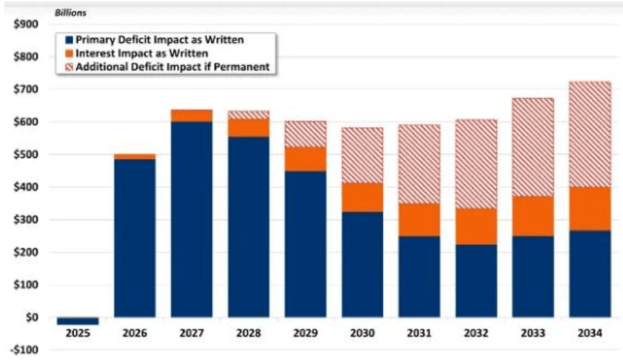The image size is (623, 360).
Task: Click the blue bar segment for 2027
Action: (x=192, y=219)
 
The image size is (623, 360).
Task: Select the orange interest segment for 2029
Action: (x=305, y=159)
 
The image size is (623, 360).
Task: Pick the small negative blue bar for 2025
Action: (x=78, y=321)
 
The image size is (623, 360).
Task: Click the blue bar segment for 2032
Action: (x=476, y=281)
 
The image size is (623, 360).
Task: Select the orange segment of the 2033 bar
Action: (x=533, y=216)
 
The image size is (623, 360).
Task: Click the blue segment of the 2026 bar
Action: (x=135, y=238)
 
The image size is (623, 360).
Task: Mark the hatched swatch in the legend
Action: (x=68, y=67)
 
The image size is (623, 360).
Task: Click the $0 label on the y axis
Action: (x=31, y=318)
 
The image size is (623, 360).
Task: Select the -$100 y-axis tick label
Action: (x=24, y=351)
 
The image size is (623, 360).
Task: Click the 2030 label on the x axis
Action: (x=362, y=334)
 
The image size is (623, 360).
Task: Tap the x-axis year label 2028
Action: (x=248, y=334)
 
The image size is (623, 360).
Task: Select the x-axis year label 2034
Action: (x=590, y=334)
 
